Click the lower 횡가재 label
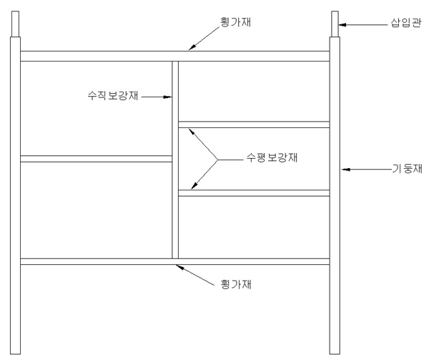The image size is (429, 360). click(x=233, y=283)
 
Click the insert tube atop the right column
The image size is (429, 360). click(x=335, y=24)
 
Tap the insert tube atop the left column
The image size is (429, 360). click(x=14, y=24)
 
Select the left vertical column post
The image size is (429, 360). click(x=15, y=200)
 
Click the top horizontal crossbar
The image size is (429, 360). click(x=174, y=56)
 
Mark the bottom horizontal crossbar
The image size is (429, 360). click(x=174, y=261)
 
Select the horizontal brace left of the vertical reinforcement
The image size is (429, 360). click(x=96, y=159)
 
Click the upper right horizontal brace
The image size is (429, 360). click(x=254, y=125)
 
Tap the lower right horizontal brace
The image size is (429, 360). click(x=254, y=193)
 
